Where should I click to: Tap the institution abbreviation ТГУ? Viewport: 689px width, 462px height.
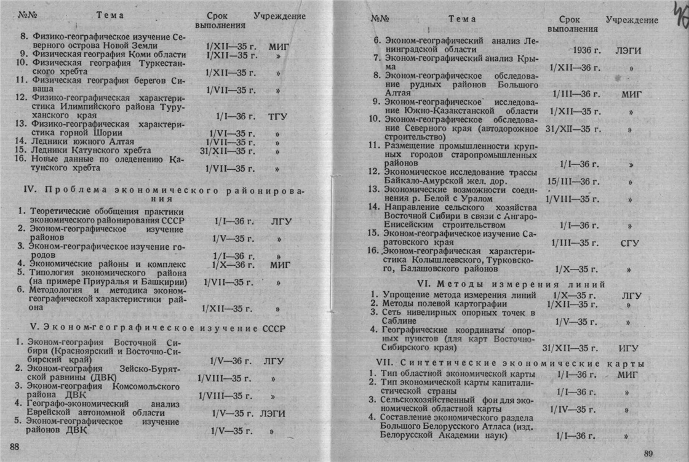pyautogui.click(x=279, y=116)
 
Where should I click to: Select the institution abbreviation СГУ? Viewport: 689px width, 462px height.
pyautogui.click(x=630, y=243)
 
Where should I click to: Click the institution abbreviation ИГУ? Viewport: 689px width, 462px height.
pyautogui.click(x=630, y=348)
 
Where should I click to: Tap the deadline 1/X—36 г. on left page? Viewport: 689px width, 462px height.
pyautogui.click(x=233, y=265)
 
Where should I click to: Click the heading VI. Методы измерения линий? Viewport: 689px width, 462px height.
pyautogui.click(x=511, y=284)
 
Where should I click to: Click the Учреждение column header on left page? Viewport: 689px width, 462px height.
pyautogui.click(x=279, y=16)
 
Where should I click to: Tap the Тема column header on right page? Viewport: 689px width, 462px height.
pyautogui.click(x=462, y=19)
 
